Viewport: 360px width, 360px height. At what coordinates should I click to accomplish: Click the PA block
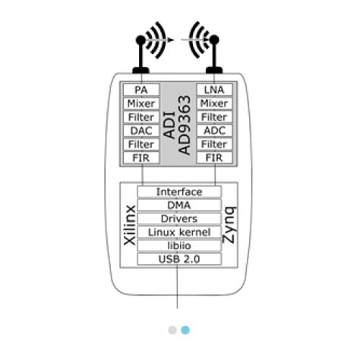coord(141,90)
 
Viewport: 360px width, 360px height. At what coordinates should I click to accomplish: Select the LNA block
coord(214,90)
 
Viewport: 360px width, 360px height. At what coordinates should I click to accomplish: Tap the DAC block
coord(141,131)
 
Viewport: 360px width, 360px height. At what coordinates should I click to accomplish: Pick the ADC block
coord(214,131)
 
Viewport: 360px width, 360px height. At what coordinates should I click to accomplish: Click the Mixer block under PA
coord(141,103)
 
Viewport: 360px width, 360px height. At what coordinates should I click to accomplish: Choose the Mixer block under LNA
coord(214,103)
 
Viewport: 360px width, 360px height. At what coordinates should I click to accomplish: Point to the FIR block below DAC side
coord(141,158)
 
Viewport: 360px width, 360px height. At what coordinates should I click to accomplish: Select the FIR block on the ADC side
coord(214,158)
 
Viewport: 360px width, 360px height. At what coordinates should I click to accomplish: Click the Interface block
coord(179,191)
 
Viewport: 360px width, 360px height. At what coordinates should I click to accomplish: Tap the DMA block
coord(179,205)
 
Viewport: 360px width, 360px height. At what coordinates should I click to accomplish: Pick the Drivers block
coord(179,219)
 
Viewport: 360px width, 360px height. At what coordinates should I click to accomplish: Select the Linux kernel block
coord(179,232)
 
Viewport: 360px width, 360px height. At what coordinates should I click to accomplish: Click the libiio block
coord(179,245)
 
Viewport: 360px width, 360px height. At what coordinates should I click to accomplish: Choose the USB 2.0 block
coord(179,259)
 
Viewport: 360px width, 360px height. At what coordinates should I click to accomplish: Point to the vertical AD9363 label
coord(185,125)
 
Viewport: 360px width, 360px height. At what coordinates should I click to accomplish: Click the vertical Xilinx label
coord(130,225)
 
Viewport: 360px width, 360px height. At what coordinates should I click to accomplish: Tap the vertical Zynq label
coord(229,225)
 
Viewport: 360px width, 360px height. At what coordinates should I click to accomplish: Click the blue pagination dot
coord(185,330)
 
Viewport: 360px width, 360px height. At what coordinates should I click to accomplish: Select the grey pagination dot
coord(172,330)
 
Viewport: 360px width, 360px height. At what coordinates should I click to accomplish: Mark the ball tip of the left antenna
coord(141,40)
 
